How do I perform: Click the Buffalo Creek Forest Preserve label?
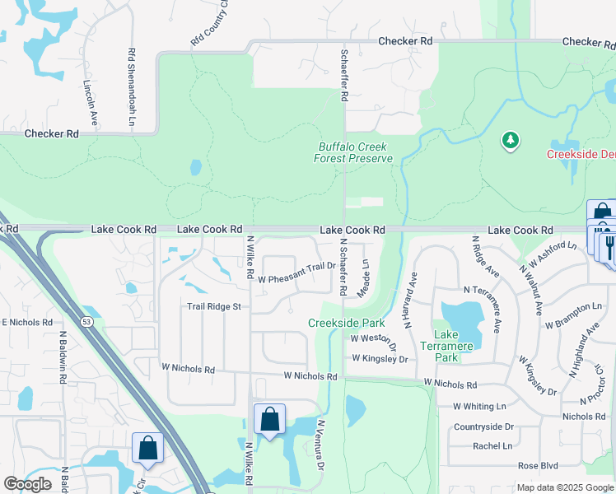354,152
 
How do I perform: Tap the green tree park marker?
511,141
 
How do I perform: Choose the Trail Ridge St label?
213,306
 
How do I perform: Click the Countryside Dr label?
483,426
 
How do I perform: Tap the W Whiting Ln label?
479,406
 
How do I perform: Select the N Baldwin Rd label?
63,357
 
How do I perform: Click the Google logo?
27,484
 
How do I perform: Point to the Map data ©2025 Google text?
563,487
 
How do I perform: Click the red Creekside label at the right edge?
581,155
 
